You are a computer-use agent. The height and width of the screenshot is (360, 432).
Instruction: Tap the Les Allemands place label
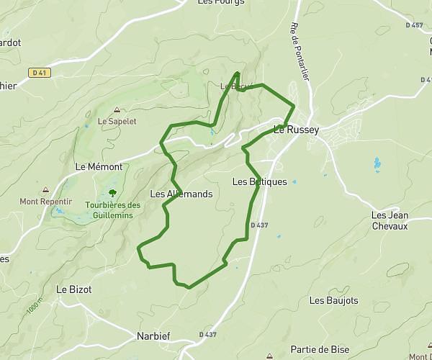181,194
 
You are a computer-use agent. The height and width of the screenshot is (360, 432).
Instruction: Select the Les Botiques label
260,182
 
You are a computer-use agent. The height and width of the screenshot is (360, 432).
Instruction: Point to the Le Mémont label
99,166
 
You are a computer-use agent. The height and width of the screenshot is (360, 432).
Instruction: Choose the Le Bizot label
74,289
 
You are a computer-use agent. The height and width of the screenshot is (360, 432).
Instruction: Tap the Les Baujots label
333,300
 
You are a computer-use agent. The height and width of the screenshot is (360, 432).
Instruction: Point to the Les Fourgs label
221,2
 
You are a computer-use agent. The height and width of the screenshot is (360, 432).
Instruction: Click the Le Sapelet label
117,122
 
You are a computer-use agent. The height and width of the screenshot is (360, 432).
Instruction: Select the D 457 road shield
414,25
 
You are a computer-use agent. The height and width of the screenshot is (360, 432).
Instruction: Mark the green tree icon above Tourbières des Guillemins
112,192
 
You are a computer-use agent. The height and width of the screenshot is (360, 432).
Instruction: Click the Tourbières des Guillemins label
112,210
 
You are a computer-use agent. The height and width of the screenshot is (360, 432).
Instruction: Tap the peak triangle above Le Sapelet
117,110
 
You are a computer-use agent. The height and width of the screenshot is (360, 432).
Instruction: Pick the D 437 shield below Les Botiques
260,225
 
